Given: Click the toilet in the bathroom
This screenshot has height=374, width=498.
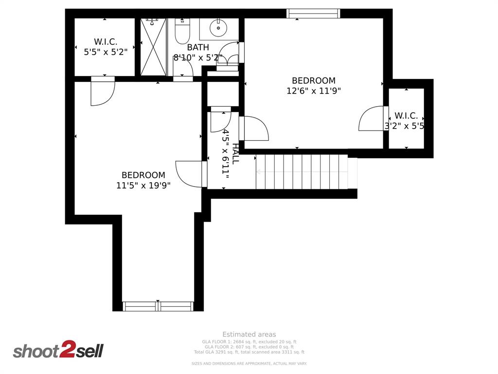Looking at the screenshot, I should tap(182, 32).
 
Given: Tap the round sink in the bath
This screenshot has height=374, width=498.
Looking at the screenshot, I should tap(219, 29).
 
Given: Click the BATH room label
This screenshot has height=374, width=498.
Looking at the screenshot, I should tap(198, 47).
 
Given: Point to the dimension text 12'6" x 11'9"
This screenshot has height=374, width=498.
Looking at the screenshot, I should tap(314, 91).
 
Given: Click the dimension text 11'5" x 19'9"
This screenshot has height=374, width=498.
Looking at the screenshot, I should tap(143, 185).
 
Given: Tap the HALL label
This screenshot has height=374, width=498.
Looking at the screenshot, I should tap(236, 153).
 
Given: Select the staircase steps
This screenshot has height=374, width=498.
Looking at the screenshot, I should tap(302, 171).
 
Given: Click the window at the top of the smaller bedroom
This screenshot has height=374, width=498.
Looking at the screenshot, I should tap(313, 14).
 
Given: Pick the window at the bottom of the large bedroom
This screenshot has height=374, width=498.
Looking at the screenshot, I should tap(158, 306).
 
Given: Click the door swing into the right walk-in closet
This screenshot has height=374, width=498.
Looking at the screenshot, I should tap(372, 119).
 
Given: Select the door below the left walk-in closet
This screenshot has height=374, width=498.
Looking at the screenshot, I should tap(103, 93).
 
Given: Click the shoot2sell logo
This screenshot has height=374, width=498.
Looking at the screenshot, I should tap(58, 350).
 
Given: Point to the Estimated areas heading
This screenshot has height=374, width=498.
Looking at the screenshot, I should tap(249, 334).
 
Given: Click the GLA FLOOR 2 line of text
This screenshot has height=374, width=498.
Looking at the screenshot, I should tap(249, 347).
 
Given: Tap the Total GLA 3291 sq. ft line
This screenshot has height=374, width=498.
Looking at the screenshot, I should tap(249, 352).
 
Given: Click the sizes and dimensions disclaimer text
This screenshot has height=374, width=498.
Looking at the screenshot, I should tap(249, 364).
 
